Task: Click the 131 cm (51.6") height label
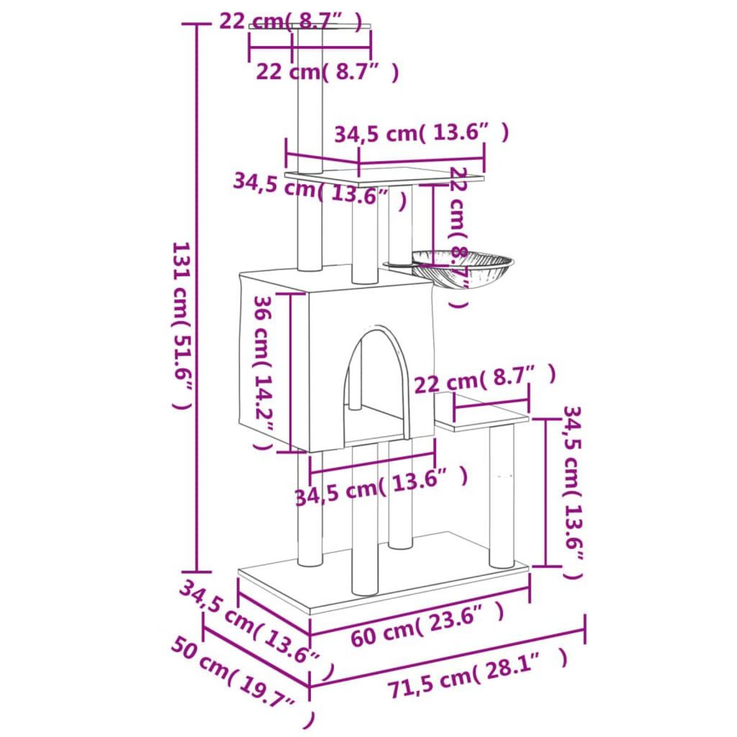pos(182,326)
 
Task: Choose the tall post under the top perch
pos(310,104)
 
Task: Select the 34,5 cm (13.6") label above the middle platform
pos(421,134)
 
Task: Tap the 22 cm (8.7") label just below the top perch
pos(327,72)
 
